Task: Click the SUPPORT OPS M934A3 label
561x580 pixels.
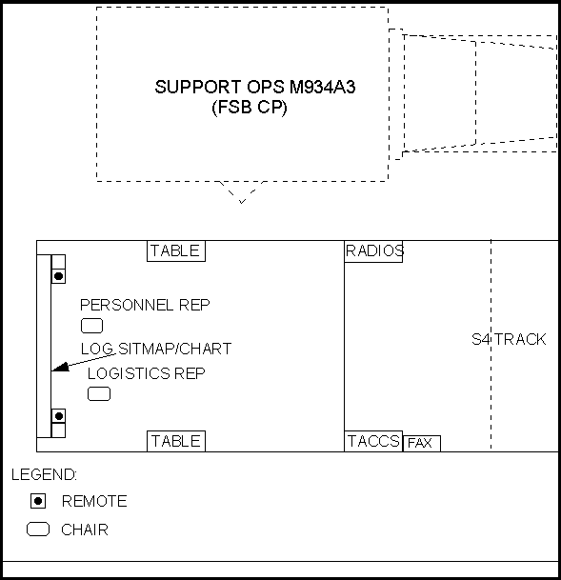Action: pos(255,87)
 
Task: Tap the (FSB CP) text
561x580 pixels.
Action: pos(250,108)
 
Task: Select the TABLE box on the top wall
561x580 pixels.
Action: pos(176,250)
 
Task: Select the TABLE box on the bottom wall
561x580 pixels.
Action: pos(176,441)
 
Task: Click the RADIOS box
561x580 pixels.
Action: pos(373,251)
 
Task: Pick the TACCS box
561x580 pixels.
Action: pos(373,441)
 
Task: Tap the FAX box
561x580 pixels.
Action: pos(422,443)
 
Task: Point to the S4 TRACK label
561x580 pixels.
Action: pos(509,339)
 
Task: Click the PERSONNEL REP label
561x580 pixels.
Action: pos(145,305)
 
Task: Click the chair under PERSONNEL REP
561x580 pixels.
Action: pos(91,326)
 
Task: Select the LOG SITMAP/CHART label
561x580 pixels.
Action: pos(156,349)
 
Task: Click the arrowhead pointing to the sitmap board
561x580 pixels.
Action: pos(61,367)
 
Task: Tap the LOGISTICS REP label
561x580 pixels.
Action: pos(146,373)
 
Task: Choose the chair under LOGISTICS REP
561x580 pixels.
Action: pos(99,393)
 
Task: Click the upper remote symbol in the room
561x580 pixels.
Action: pos(58,276)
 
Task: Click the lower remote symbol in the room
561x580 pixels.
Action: pos(58,416)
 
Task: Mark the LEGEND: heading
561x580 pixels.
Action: pos(44,474)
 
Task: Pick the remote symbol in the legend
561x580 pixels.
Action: pos(38,501)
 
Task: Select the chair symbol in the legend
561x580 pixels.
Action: pos(38,530)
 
